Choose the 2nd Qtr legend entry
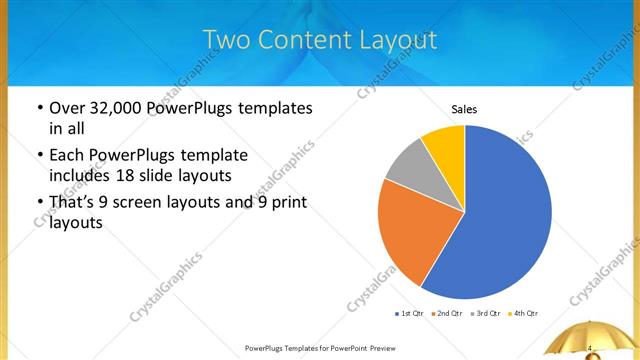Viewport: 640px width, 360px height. (x=445, y=314)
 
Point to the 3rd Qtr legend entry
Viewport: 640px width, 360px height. (x=484, y=314)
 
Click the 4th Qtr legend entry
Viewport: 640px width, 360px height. (x=523, y=314)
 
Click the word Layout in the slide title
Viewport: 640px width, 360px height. (x=394, y=40)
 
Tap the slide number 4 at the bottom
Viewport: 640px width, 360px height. (x=591, y=348)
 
